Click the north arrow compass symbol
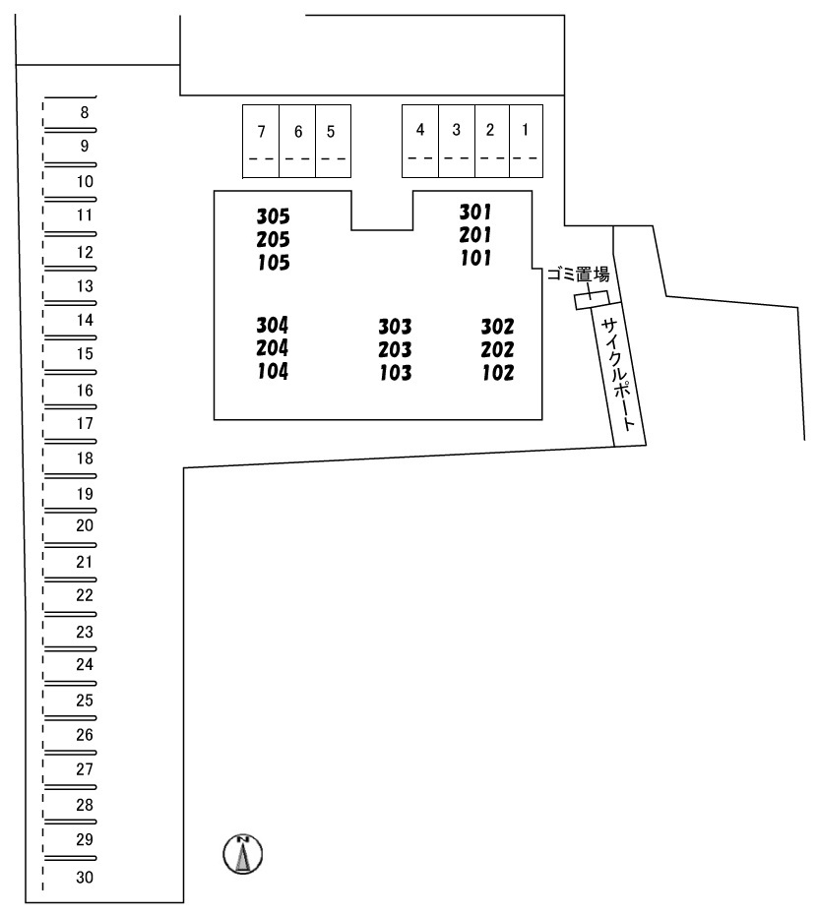point(242,854)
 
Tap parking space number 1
point(526,141)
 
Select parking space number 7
point(261,141)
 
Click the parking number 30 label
point(85,877)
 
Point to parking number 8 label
point(85,112)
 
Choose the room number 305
point(273,216)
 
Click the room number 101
point(475,258)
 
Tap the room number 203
point(395,349)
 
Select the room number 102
point(498,373)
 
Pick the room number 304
point(273,325)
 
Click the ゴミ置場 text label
point(578,274)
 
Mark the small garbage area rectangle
point(592,301)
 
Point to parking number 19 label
point(85,494)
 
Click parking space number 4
point(420,141)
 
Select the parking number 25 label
point(85,700)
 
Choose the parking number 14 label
point(85,320)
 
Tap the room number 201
point(475,235)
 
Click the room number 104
point(273,371)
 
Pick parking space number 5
point(333,141)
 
